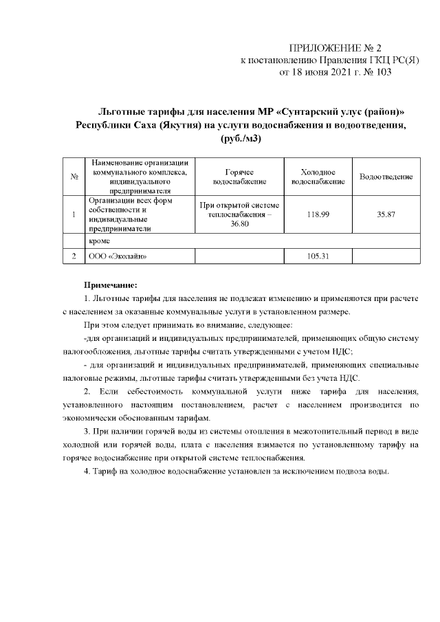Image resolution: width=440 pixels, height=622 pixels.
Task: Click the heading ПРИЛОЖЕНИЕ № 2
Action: [x=335, y=48]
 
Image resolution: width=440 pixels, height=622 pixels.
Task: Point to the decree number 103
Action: [x=384, y=72]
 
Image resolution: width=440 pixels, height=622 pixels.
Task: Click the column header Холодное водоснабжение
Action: [x=318, y=177]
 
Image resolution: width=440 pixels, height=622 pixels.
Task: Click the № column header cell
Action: [x=73, y=177]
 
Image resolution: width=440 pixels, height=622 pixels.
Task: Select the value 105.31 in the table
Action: [x=318, y=256]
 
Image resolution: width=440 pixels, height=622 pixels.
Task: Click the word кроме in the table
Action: [x=100, y=241]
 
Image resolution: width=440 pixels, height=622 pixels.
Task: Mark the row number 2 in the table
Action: [x=73, y=256]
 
